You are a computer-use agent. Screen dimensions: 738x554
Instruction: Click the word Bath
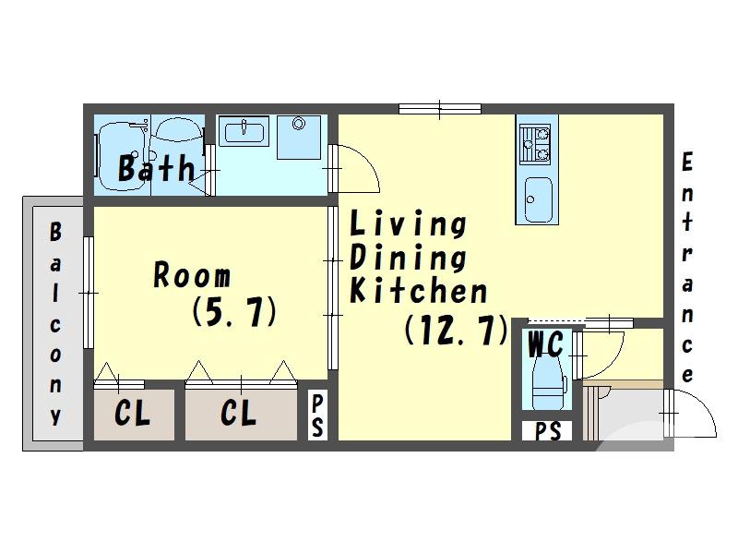tap(156, 168)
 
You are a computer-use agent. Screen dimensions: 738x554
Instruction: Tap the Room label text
tap(192, 274)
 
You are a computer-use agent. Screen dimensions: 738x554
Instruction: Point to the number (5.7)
tap(234, 311)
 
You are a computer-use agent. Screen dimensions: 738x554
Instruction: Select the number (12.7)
tap(456, 330)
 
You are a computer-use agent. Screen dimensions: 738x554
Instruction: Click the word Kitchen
tap(419, 290)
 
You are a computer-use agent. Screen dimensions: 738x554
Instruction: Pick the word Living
tap(408, 223)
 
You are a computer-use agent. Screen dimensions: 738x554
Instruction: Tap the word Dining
tap(408, 257)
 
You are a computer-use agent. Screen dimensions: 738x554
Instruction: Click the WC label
tap(545, 344)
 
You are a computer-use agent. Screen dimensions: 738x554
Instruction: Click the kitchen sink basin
tap(538, 199)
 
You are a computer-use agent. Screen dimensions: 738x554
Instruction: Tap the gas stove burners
tap(535, 144)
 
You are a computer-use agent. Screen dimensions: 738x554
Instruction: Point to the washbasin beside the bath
tap(244, 132)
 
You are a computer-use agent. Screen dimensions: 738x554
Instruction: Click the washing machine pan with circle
tap(298, 137)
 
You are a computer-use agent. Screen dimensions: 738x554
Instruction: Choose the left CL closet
tap(134, 415)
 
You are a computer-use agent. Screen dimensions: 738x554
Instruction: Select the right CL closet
tap(241, 415)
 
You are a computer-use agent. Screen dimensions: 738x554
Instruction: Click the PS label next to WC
tap(547, 431)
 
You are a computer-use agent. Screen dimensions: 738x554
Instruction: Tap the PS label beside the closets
tap(317, 415)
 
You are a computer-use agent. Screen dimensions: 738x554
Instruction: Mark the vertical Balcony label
tap(55, 324)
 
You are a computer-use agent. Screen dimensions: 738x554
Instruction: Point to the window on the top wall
tap(440, 109)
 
